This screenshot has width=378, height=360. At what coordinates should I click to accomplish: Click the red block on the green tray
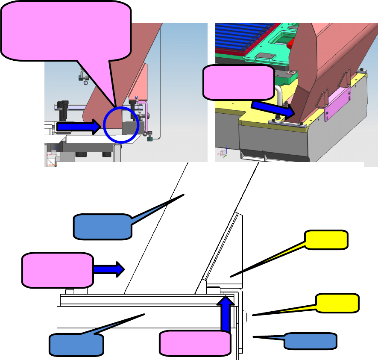[292, 43]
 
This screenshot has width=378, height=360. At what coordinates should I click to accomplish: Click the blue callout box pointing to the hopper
[103, 227]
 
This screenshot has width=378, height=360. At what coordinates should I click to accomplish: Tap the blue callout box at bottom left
[76, 345]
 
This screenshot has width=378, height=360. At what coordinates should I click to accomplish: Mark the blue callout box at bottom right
[310, 341]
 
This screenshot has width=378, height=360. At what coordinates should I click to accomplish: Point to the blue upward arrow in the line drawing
[226, 314]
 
